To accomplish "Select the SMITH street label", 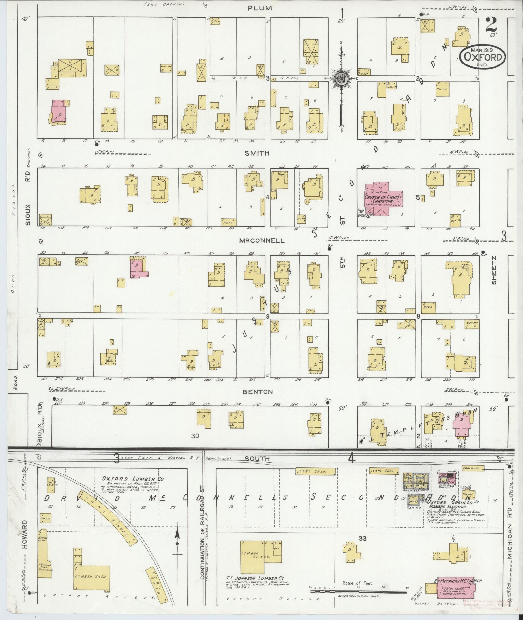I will (x=257, y=153).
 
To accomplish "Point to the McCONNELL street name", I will (x=262, y=240).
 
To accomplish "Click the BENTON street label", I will (x=258, y=392).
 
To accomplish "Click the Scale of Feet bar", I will (x=358, y=591).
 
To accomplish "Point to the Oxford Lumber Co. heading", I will (x=133, y=488).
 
